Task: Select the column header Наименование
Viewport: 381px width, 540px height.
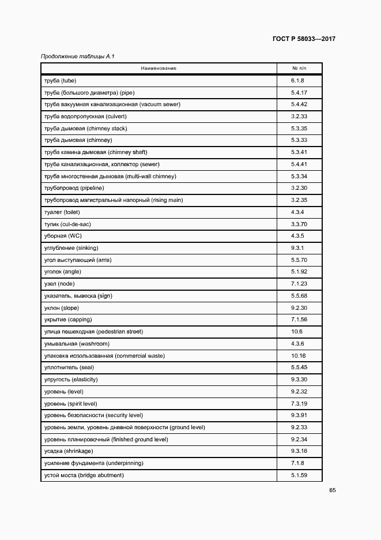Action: point(158,69)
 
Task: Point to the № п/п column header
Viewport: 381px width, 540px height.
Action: point(299,69)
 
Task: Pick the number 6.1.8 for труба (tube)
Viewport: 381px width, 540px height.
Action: point(297,81)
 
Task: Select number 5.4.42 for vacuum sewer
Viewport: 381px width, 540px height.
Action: point(299,104)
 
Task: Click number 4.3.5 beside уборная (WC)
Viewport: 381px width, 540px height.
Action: point(297,236)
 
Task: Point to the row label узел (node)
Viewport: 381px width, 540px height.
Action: point(59,284)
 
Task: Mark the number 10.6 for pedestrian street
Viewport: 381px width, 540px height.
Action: point(297,332)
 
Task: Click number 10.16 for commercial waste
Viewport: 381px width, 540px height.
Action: point(298,356)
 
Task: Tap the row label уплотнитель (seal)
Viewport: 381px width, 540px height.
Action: point(69,367)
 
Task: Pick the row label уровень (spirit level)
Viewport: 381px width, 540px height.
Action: point(70,403)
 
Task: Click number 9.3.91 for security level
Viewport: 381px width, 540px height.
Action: point(299,415)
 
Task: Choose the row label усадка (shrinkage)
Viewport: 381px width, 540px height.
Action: point(68,451)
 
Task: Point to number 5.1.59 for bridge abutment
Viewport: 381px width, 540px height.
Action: point(299,475)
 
